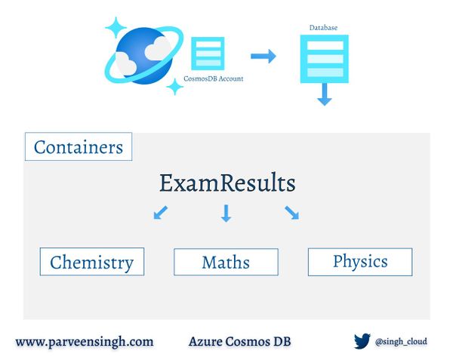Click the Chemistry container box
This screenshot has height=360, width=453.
click(91, 262)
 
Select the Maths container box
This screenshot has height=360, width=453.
click(226, 262)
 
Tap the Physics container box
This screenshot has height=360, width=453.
click(360, 261)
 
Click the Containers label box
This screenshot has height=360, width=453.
click(79, 146)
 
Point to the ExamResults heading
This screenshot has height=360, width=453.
click(226, 183)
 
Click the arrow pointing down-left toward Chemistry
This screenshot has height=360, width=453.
click(160, 213)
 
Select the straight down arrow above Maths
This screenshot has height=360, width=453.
click(226, 214)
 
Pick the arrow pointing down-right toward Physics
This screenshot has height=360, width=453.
click(291, 213)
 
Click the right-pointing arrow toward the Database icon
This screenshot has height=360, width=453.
click(263, 56)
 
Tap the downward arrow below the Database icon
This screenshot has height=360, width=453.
click(324, 94)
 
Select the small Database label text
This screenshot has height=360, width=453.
click(323, 28)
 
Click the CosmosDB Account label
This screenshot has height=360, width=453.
click(214, 78)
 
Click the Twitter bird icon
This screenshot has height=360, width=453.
click(362, 342)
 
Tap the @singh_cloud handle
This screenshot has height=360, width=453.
click(401, 342)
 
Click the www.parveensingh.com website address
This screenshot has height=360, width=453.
click(85, 342)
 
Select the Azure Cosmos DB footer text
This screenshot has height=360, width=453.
click(239, 342)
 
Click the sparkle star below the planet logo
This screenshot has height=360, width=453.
click(174, 87)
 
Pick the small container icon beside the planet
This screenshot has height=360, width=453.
click(208, 54)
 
